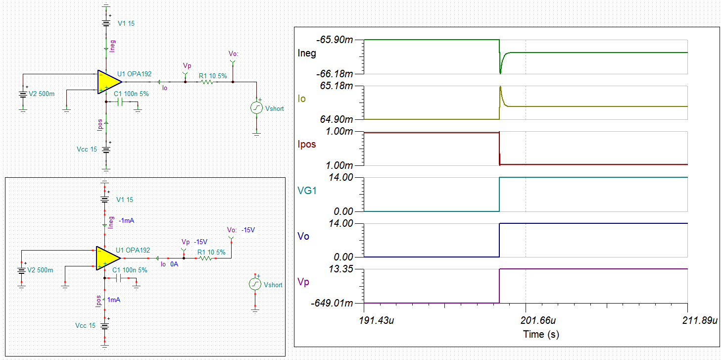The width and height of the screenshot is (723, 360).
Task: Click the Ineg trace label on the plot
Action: [x=307, y=53]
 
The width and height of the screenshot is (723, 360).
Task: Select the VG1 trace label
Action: [x=307, y=191]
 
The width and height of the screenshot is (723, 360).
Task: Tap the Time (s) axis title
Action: [x=541, y=334]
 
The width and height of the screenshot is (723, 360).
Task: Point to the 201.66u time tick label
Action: [x=538, y=320]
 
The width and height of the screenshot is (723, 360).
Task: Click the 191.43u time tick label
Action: [x=377, y=320]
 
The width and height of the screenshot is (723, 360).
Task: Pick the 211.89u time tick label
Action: [x=700, y=320]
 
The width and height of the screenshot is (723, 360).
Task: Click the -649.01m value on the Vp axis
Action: [x=332, y=303]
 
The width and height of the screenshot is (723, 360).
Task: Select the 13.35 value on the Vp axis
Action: [x=341, y=269]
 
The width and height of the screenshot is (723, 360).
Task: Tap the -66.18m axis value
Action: [x=335, y=74]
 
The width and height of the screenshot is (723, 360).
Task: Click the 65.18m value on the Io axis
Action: [x=337, y=86]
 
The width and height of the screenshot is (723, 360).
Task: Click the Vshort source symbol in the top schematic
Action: [x=257, y=108]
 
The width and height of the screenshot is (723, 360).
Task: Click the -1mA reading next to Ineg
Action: [x=127, y=221]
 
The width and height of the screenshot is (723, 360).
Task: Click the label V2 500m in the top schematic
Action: [x=42, y=94]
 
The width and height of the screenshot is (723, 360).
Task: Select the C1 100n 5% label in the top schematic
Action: [x=131, y=94]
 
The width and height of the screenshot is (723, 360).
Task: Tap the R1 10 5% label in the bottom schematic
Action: [x=211, y=252]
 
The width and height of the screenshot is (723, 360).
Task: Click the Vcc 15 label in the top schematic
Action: [x=87, y=149]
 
